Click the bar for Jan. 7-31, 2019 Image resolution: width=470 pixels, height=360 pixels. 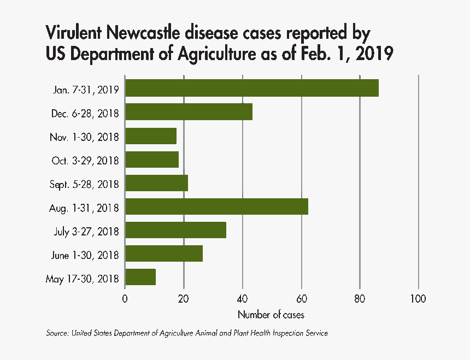251,88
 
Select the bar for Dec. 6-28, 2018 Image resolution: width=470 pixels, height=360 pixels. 189,111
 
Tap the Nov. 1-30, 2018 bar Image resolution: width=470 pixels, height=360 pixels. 151,135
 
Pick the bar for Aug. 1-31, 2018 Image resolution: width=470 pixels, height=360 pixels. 216,206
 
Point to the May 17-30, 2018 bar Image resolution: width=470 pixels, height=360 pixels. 140,277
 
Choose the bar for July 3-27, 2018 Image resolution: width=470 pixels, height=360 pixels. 175,230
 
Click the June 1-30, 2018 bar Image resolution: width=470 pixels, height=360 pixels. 164,253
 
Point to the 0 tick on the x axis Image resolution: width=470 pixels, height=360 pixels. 125,299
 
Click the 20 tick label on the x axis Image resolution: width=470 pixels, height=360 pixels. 184,299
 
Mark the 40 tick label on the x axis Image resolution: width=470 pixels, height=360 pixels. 243,299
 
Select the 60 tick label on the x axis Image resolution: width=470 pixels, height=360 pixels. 301,299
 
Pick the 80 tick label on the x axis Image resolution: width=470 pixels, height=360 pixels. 360,299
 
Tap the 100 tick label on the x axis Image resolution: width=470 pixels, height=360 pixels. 418,299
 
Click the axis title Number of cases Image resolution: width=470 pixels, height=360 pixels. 271,315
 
